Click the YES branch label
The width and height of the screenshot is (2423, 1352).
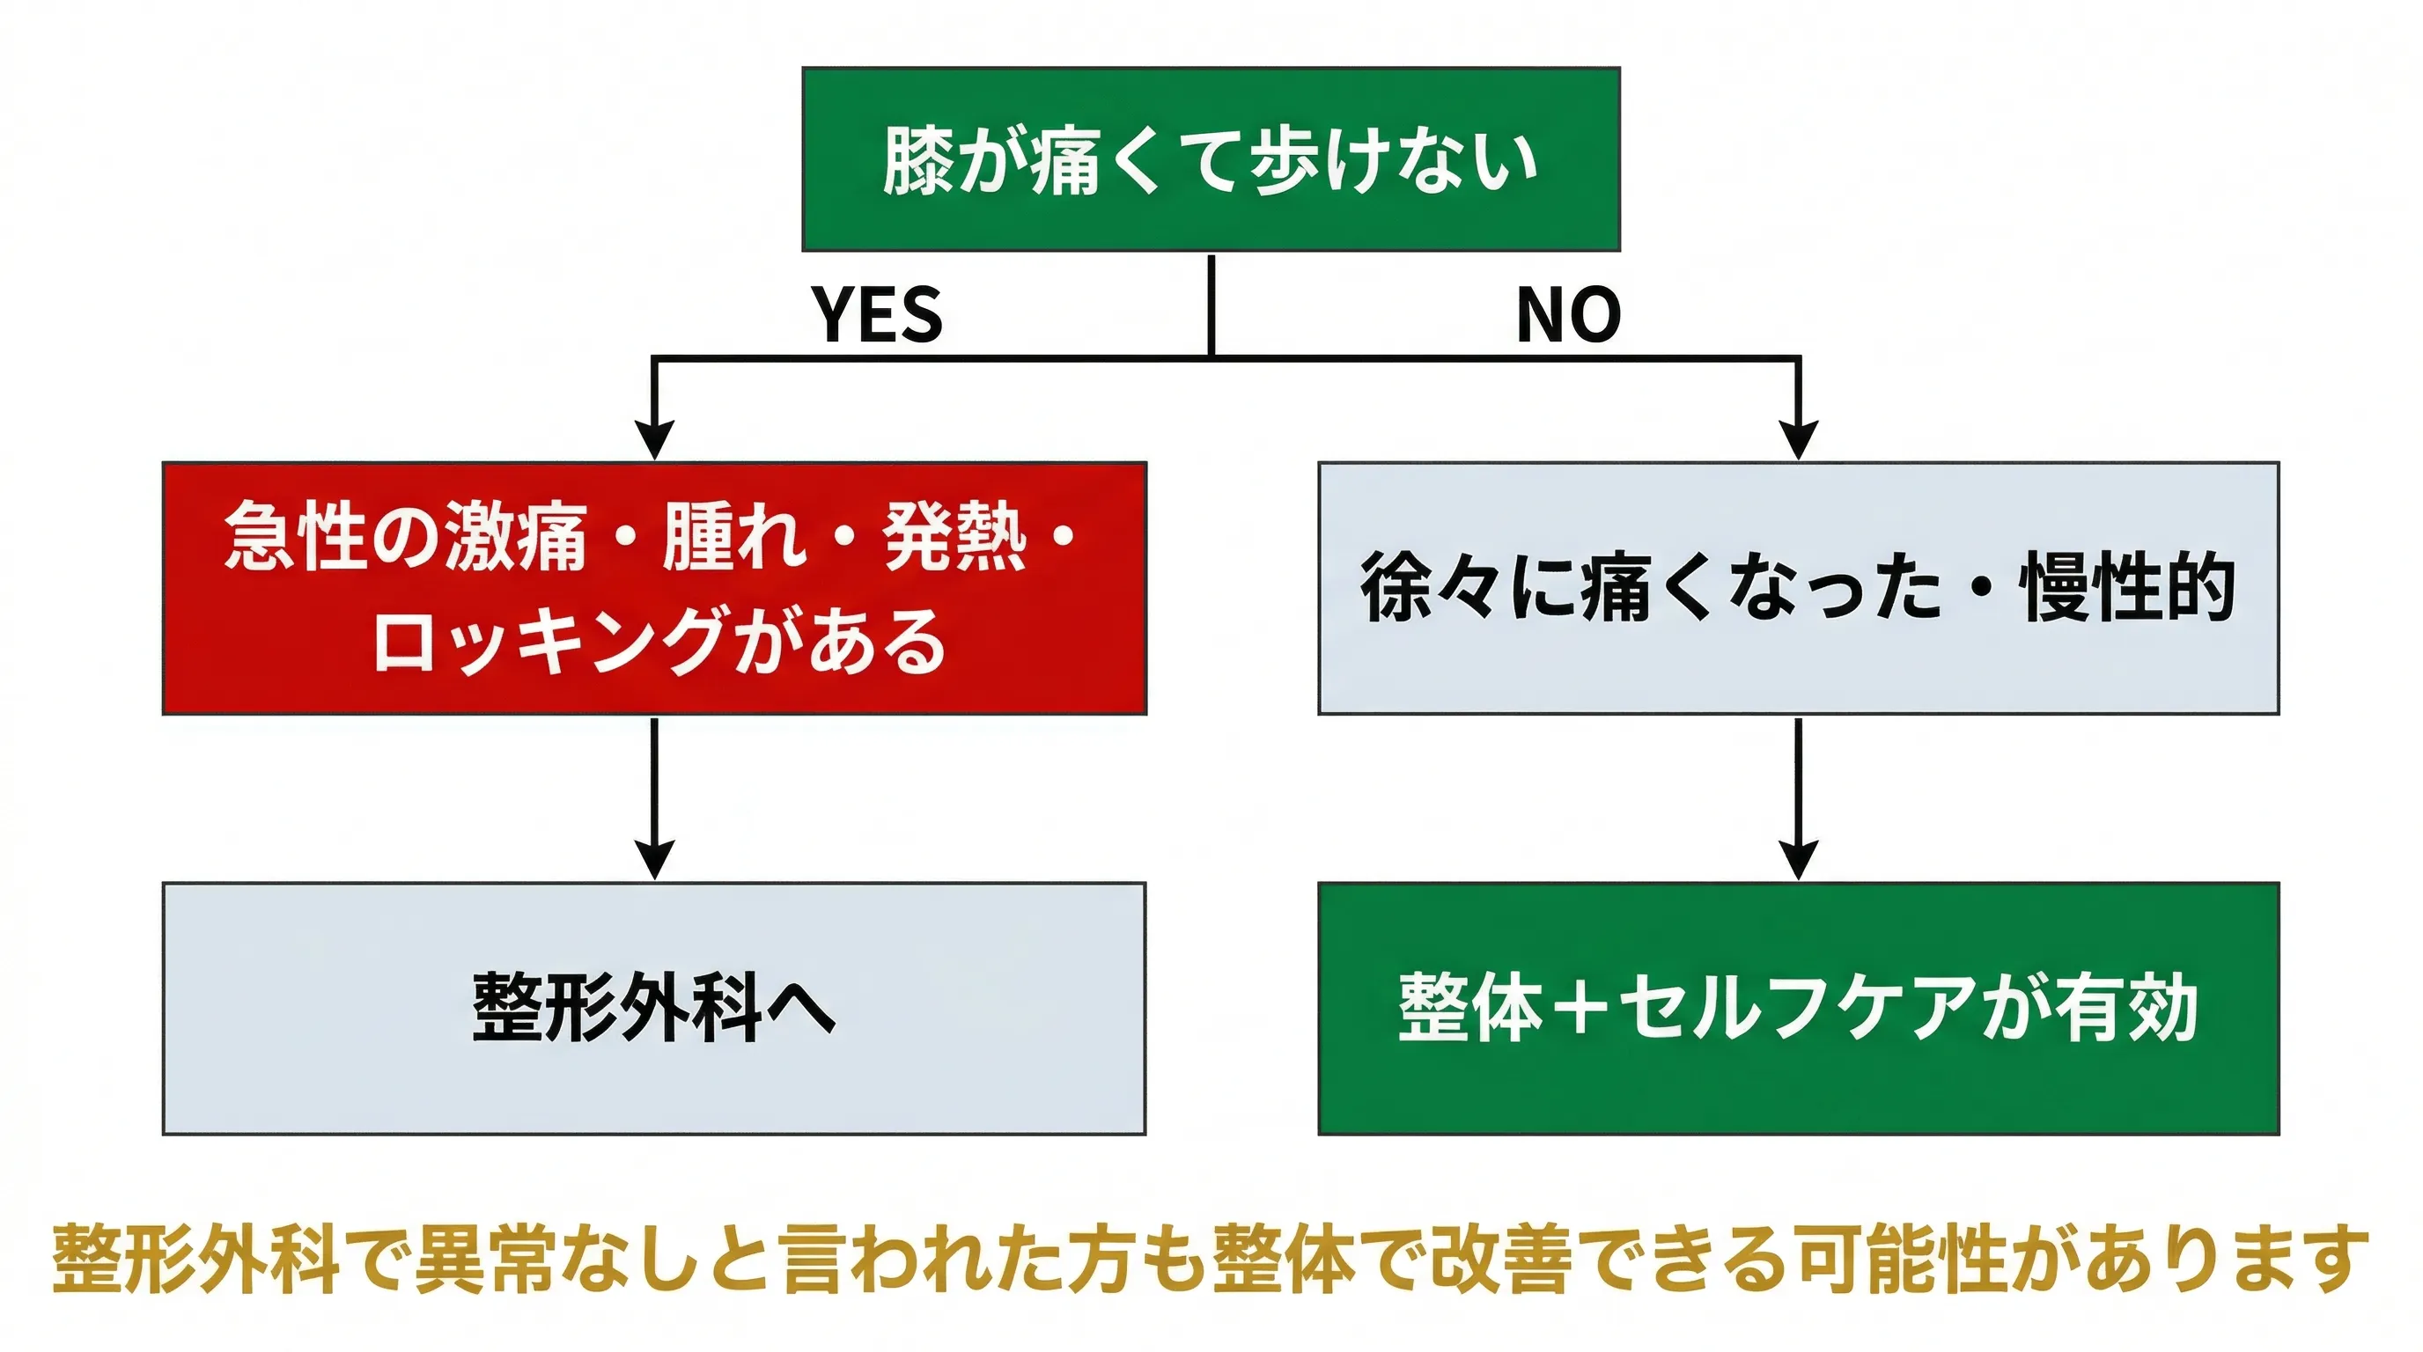tap(877, 314)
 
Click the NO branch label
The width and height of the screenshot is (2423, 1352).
tap(1568, 314)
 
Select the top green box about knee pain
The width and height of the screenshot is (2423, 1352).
tap(1211, 159)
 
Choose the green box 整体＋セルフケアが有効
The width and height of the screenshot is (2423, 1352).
tap(1798, 1008)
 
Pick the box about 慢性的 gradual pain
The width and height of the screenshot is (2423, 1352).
tap(1798, 589)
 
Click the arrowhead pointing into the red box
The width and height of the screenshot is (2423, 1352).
tap(655, 440)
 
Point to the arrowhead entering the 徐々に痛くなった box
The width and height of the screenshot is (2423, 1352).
tap(1799, 440)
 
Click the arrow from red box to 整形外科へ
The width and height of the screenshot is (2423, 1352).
tap(655, 799)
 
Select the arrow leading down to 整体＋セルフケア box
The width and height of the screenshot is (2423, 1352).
tap(1799, 799)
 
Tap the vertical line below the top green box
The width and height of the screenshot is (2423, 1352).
tap(1211, 305)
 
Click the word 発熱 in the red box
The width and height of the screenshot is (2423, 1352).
tap(954, 536)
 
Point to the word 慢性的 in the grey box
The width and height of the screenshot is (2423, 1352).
tap(2128, 589)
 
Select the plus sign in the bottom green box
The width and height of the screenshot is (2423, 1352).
tap(1581, 1008)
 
